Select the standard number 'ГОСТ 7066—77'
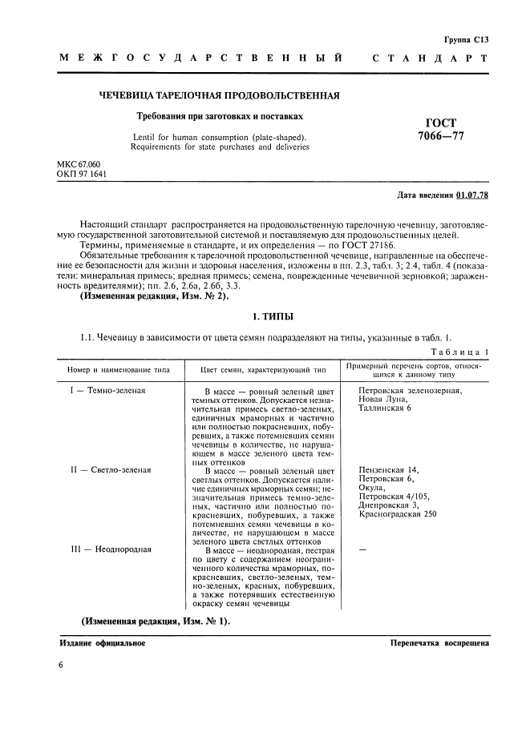pyautogui.click(x=441, y=129)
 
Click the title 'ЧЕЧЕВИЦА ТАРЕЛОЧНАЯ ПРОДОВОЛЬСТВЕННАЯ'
pyautogui.click(x=219, y=96)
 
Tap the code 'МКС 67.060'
pyautogui.click(x=79, y=164)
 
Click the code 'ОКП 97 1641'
pyautogui.click(x=82, y=173)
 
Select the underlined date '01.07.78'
pyautogui.click(x=473, y=195)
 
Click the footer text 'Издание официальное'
pyautogui.click(x=103, y=643)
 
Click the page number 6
pyautogui.click(x=62, y=666)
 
